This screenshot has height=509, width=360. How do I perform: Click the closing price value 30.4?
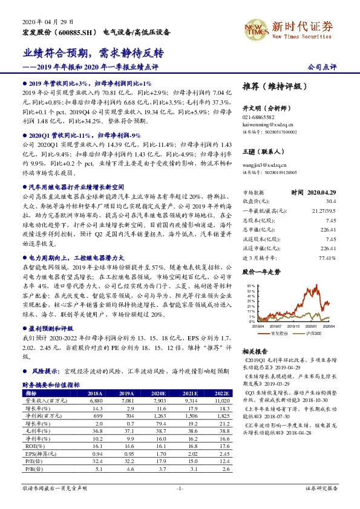[x=330, y=200]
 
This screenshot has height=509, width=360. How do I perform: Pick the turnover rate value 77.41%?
[x=327, y=258]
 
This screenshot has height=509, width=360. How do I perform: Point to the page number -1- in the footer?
[x=180, y=487]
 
